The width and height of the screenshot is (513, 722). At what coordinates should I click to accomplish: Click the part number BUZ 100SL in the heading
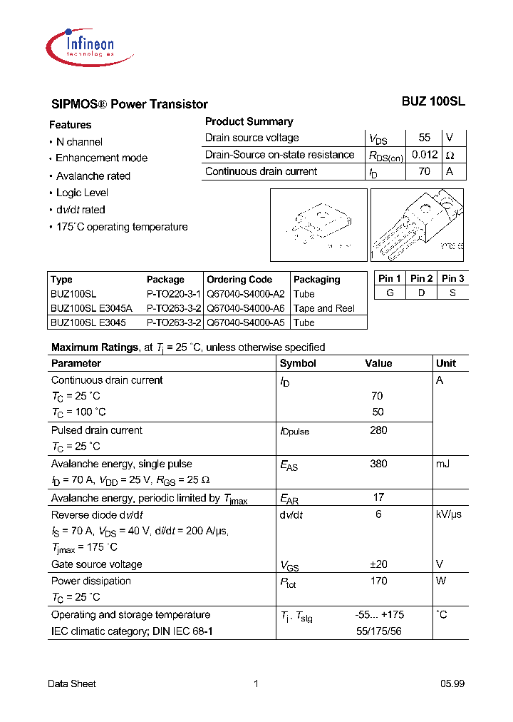(433, 102)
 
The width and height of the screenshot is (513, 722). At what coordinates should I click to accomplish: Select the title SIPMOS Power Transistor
(129, 104)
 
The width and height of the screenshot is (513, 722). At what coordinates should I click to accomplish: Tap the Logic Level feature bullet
(82, 193)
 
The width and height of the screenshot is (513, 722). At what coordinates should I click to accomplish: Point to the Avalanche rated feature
(93, 176)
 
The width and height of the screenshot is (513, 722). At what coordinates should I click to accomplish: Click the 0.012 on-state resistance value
(424, 155)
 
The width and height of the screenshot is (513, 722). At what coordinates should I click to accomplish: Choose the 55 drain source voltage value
(425, 138)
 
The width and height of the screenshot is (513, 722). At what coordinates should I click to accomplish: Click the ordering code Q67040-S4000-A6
(246, 308)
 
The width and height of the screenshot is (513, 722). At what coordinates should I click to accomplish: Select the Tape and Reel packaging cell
(324, 308)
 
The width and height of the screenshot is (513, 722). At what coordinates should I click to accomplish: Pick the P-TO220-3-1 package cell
(174, 294)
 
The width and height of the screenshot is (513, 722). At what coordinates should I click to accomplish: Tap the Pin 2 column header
(422, 278)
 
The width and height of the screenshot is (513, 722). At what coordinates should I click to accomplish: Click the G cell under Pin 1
(390, 293)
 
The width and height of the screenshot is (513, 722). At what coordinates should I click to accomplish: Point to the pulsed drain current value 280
(378, 430)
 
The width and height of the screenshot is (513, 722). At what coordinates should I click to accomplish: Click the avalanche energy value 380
(378, 464)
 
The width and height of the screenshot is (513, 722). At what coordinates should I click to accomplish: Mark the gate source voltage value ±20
(378, 564)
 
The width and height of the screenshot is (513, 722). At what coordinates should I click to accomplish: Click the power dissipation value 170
(378, 581)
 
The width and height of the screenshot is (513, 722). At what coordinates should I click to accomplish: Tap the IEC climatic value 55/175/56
(378, 631)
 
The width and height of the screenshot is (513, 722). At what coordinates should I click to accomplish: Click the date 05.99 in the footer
(452, 683)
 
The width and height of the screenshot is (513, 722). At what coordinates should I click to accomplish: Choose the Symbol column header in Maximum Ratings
(298, 363)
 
